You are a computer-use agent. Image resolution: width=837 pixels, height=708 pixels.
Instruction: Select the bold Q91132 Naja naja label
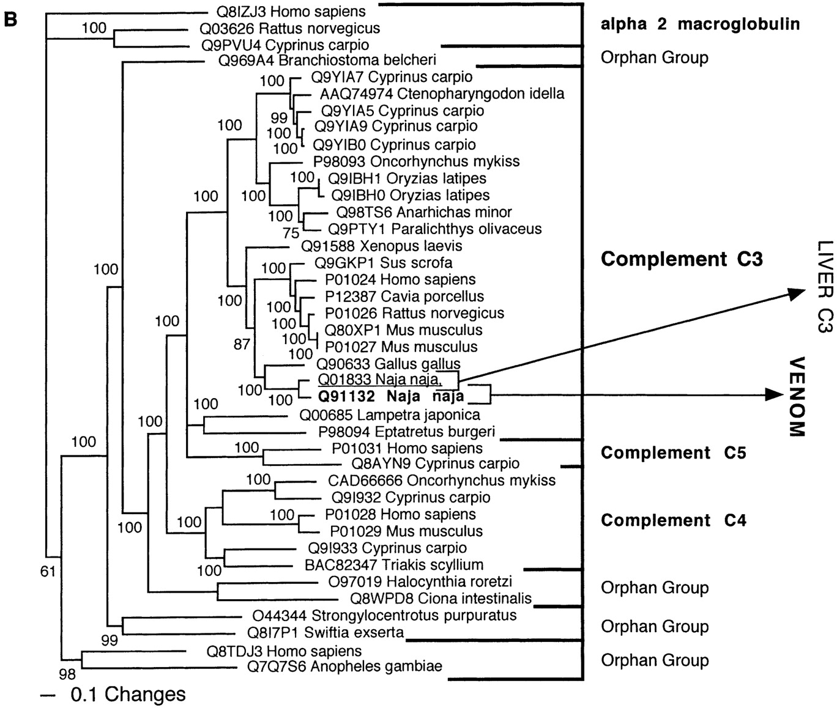pos(391,397)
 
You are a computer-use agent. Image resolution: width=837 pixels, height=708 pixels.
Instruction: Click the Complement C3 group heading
pos(682,259)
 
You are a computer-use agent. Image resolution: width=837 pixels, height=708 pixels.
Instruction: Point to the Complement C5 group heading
pos(673,453)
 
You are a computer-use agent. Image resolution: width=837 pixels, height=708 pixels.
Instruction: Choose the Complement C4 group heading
pos(673,520)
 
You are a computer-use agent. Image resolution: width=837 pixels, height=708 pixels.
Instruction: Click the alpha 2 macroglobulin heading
pos(700,24)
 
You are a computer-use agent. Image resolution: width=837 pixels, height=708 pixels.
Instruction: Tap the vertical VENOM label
pos(795,396)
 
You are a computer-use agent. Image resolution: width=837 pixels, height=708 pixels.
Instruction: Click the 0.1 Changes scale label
pos(127,695)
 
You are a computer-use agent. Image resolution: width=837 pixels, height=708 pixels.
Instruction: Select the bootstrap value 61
pos(48,572)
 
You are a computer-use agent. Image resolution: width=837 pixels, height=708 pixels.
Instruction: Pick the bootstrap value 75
pos(291,234)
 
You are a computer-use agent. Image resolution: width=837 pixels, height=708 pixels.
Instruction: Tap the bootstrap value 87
pos(242,344)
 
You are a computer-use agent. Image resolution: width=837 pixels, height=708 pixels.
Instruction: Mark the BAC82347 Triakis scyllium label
pos(393,565)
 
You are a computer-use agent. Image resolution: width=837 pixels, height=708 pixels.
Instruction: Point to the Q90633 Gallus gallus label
pos(388,364)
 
